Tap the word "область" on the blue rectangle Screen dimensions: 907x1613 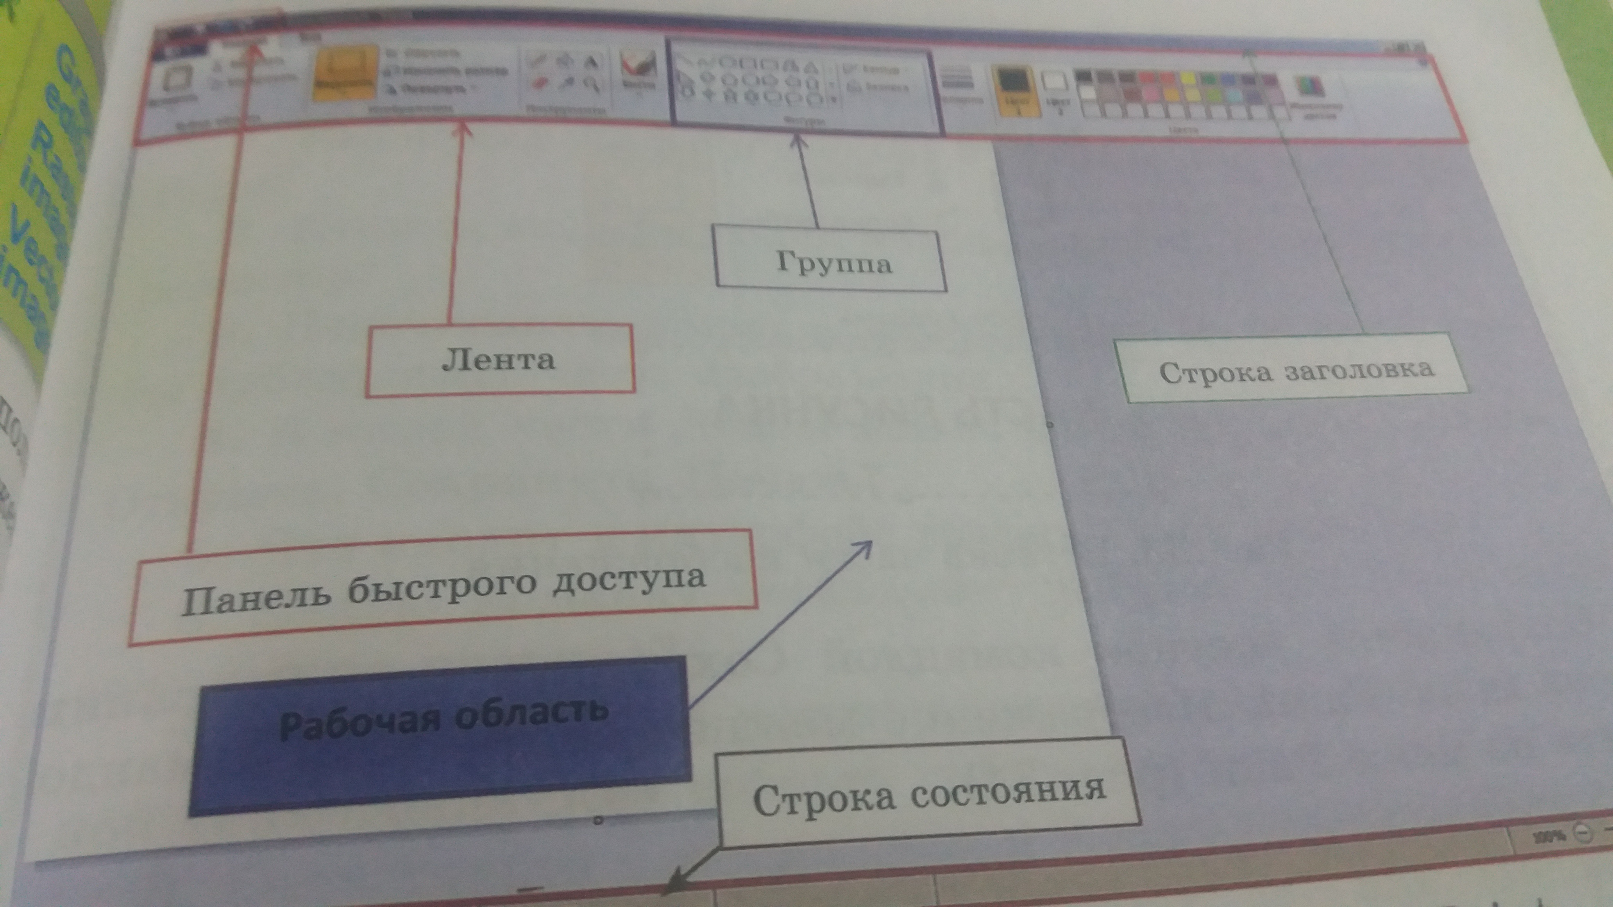(x=532, y=712)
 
